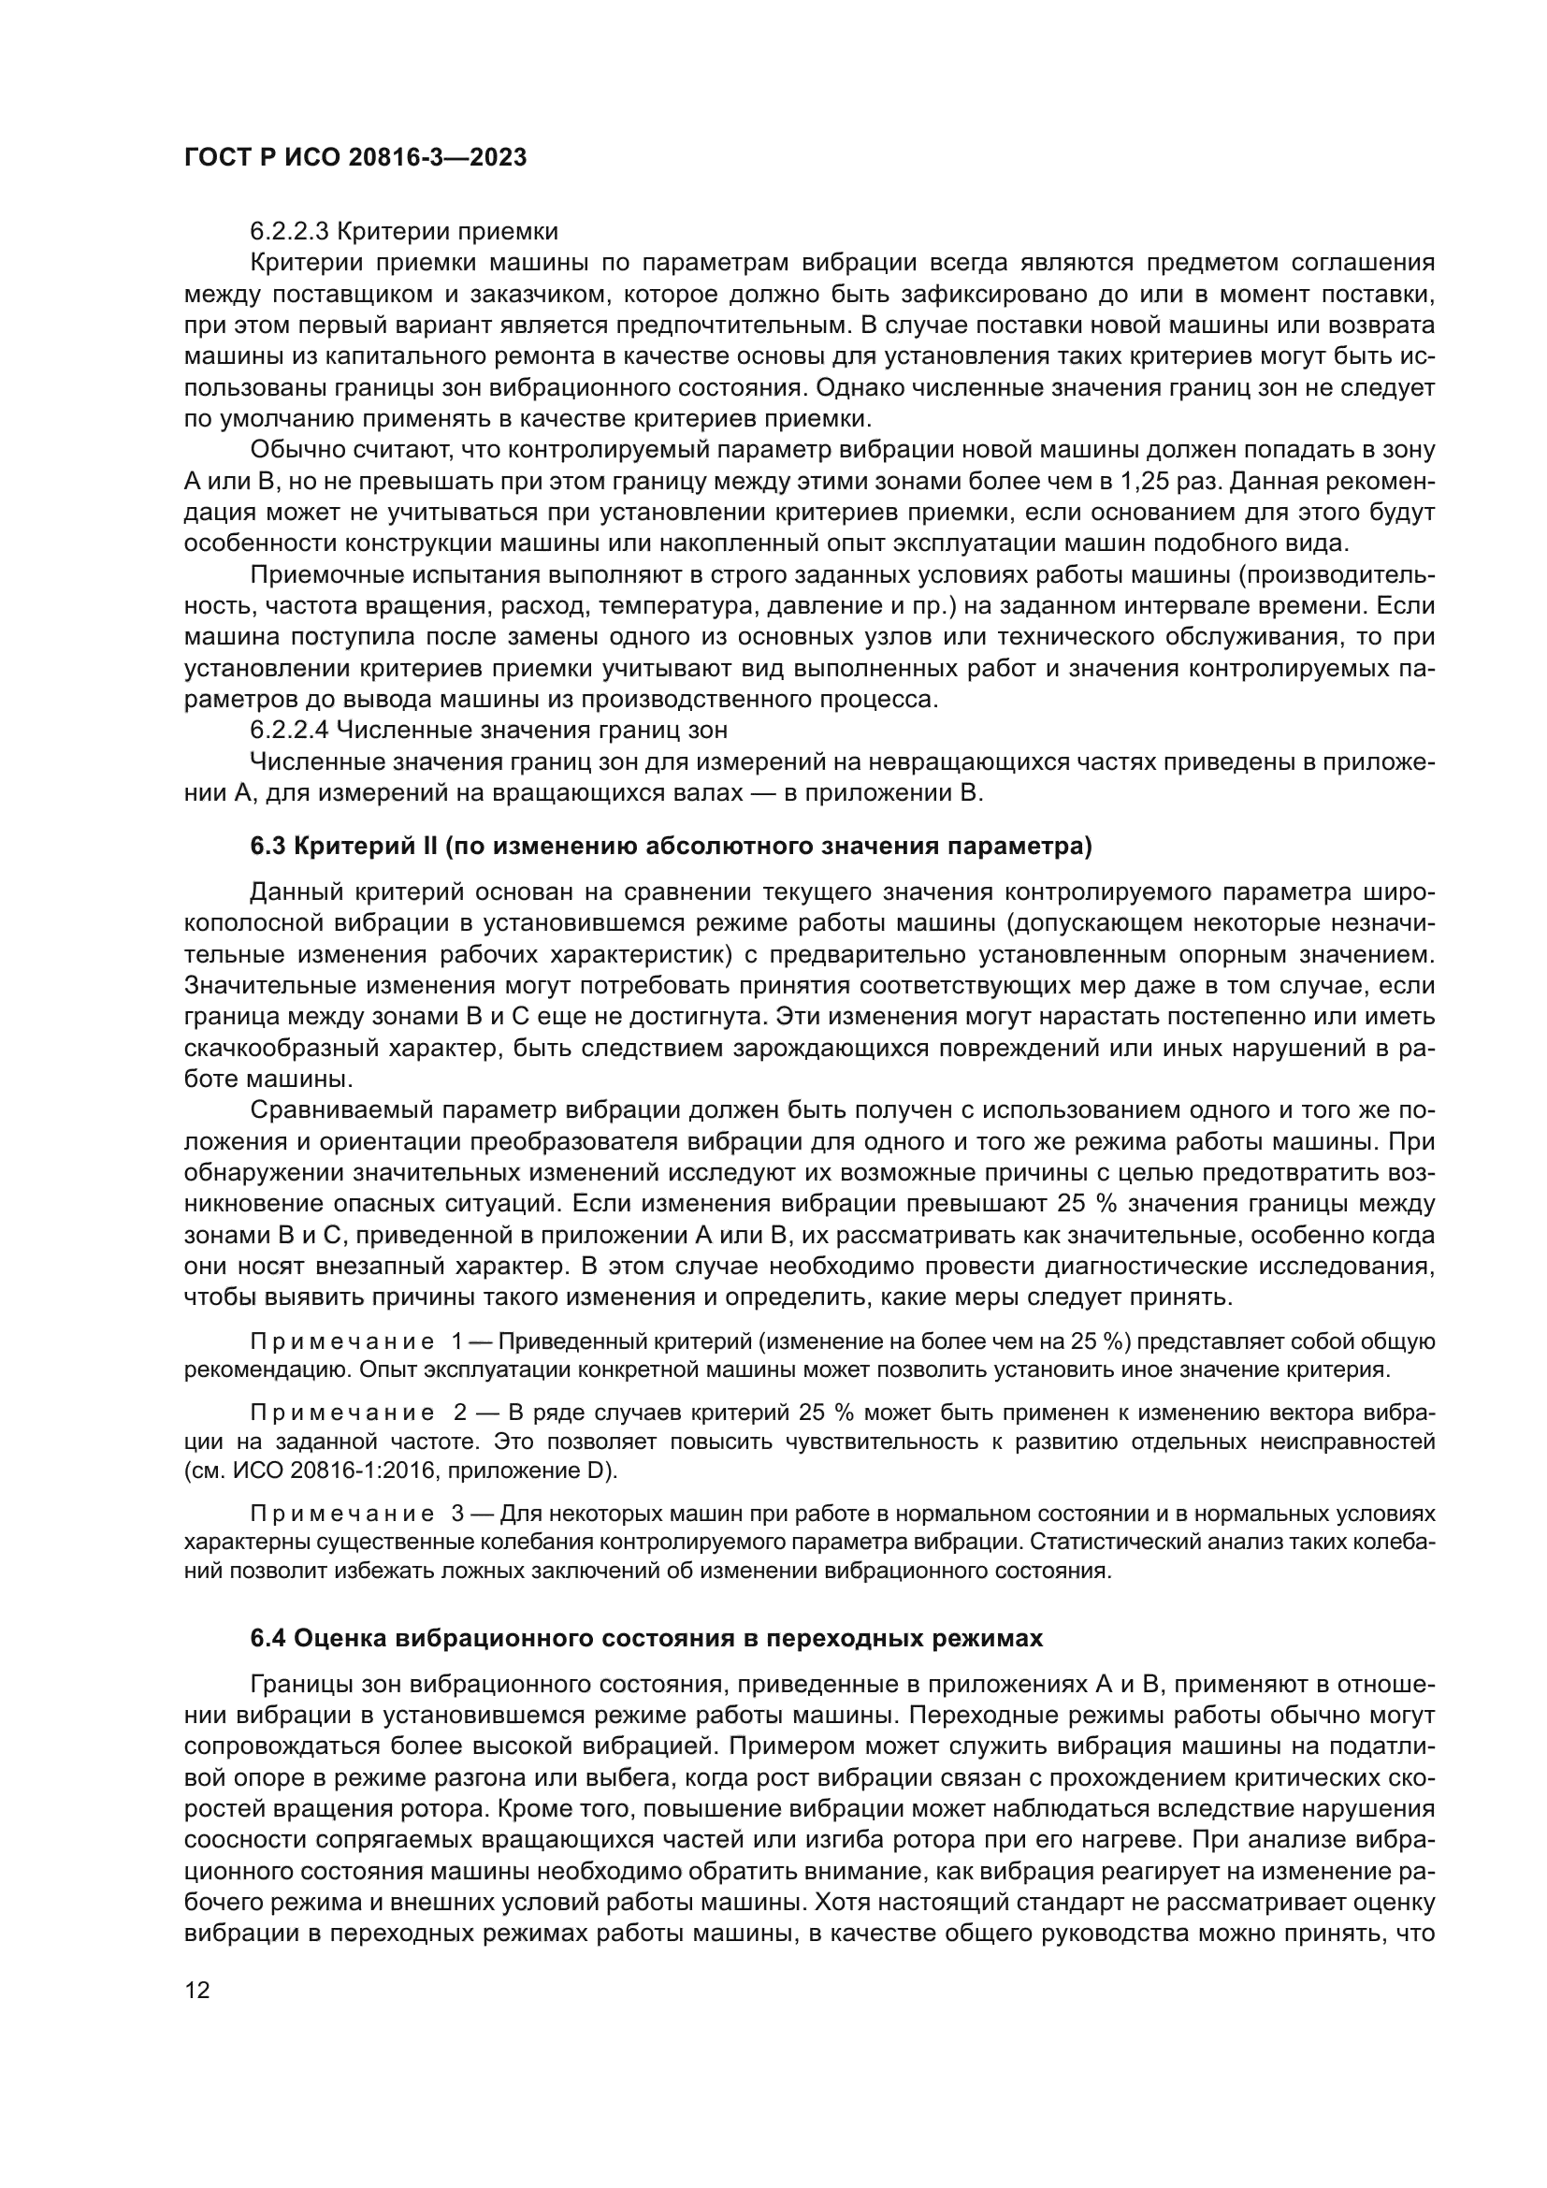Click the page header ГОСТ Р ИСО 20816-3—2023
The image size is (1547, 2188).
tap(354, 158)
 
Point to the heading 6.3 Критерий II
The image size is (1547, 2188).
tap(670, 847)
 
